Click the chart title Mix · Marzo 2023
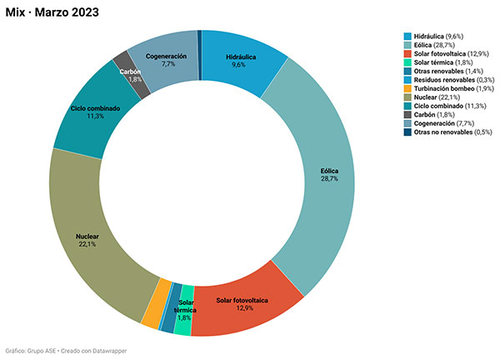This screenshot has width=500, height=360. pyautogui.click(x=54, y=11)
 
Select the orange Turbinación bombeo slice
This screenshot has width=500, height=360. pyautogui.click(x=150, y=313)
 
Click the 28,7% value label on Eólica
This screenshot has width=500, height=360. pyautogui.click(x=330, y=179)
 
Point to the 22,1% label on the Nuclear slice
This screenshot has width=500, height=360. pyautogui.click(x=86, y=244)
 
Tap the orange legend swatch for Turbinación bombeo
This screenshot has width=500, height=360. pyautogui.click(x=407, y=87)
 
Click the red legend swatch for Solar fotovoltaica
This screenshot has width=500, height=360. pyautogui.click(x=407, y=54)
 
